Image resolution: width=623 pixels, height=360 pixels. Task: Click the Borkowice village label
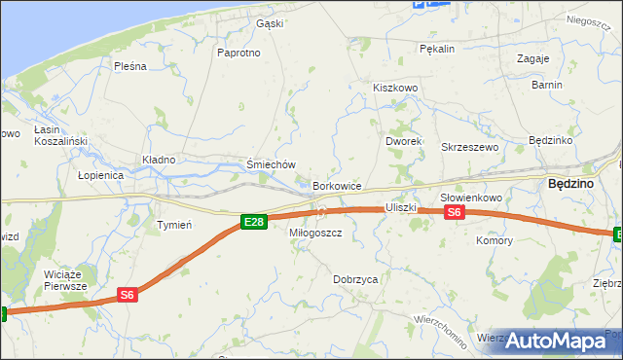[338, 185]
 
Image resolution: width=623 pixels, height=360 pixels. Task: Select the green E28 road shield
[253, 223]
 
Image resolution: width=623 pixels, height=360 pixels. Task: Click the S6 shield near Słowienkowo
[455, 213]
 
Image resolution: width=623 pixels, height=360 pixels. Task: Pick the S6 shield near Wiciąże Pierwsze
[128, 294]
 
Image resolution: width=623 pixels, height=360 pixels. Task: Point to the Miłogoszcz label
[315, 234]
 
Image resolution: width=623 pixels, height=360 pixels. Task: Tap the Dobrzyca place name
[355, 279]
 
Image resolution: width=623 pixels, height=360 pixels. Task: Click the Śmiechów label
[271, 165]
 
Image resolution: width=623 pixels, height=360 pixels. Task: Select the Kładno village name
[159, 160]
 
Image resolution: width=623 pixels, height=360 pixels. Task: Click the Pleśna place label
[129, 66]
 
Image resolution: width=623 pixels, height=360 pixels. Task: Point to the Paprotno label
[239, 53]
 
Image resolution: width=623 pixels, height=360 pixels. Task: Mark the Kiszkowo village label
[395, 88]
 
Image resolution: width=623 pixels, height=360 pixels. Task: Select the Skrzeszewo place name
[470, 147]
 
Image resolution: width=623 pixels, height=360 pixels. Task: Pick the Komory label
[494, 240]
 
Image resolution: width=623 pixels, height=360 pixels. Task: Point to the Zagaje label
[533, 58]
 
